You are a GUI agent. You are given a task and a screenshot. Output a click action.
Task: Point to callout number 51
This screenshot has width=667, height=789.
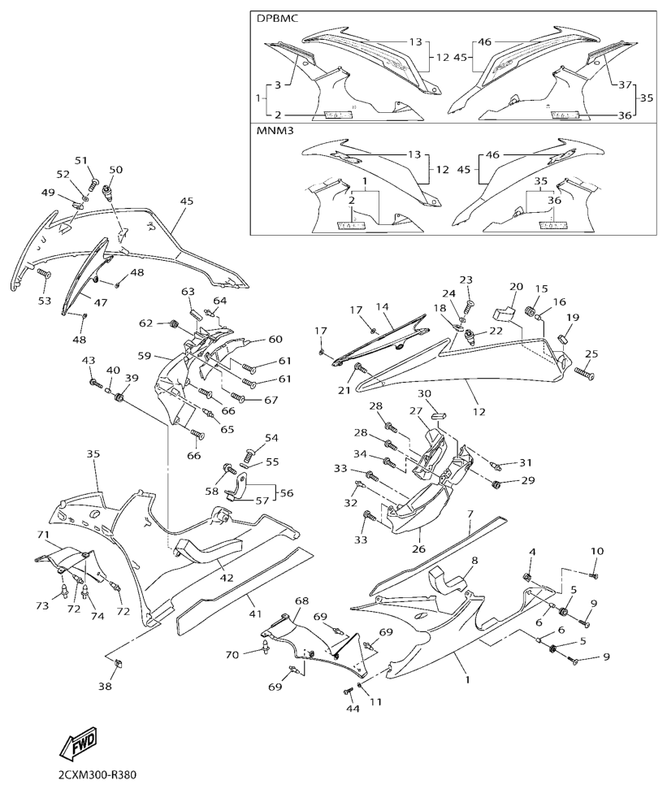click(80, 160)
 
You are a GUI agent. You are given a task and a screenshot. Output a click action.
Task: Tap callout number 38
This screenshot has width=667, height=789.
click(105, 686)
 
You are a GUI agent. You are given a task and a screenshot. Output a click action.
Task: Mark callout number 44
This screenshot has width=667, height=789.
click(352, 709)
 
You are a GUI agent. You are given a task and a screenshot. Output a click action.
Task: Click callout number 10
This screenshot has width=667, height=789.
click(597, 551)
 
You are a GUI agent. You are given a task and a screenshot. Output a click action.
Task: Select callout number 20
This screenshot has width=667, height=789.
click(517, 287)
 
